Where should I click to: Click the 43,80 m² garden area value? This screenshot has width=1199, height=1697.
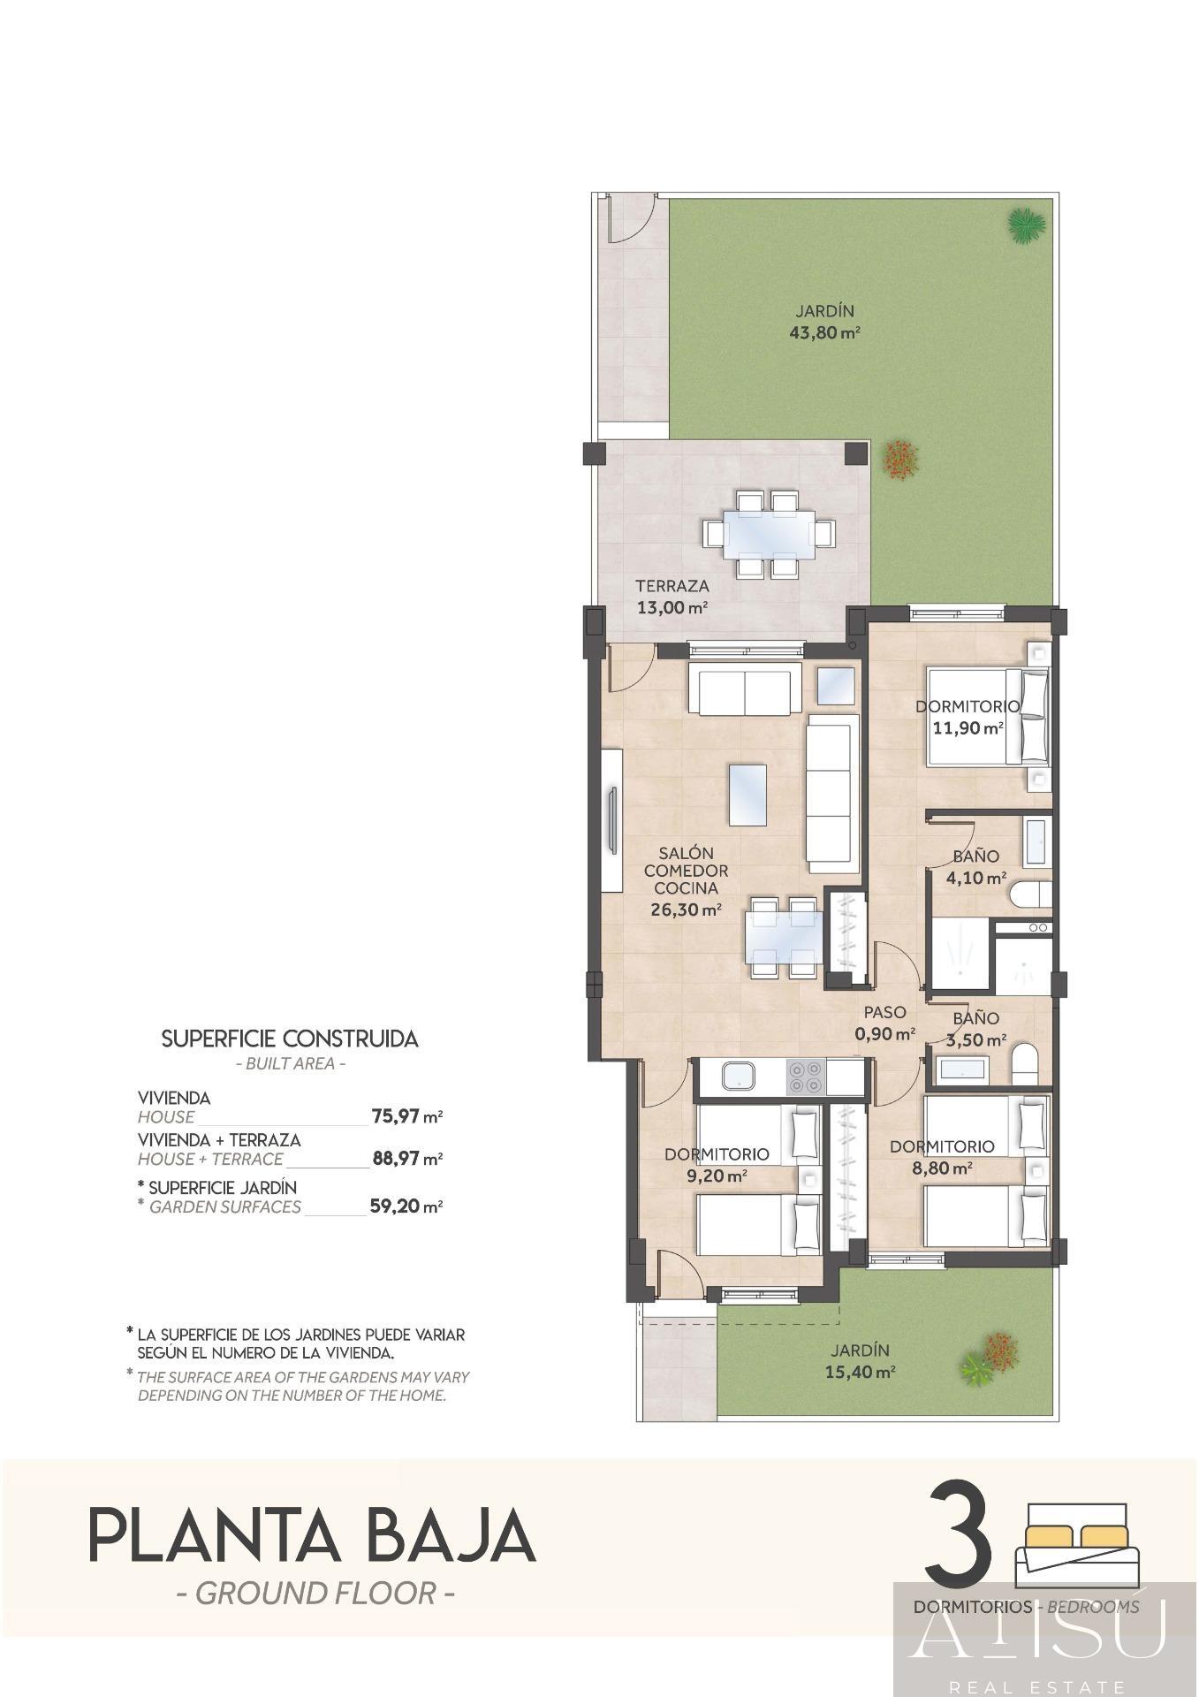pyautogui.click(x=824, y=333)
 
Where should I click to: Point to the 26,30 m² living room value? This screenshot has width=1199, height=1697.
pyautogui.click(x=686, y=909)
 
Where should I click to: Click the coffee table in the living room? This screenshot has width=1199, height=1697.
pyautogui.click(x=747, y=794)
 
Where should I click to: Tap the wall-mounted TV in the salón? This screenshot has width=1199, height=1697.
pyautogui.click(x=611, y=822)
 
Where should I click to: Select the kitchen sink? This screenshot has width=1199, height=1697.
pyautogui.click(x=737, y=1077)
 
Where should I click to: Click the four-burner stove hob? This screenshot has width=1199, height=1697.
pyautogui.click(x=805, y=1077)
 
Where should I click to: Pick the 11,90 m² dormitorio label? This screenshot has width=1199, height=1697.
pyautogui.click(x=968, y=728)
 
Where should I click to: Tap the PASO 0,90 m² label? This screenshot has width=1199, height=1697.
pyautogui.click(x=884, y=1023)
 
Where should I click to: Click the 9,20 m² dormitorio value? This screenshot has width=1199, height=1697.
pyautogui.click(x=717, y=1176)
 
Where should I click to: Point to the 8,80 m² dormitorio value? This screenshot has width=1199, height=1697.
pyautogui.click(x=942, y=1168)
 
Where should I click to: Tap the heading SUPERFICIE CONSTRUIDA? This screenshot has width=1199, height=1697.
pyautogui.click(x=290, y=1039)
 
